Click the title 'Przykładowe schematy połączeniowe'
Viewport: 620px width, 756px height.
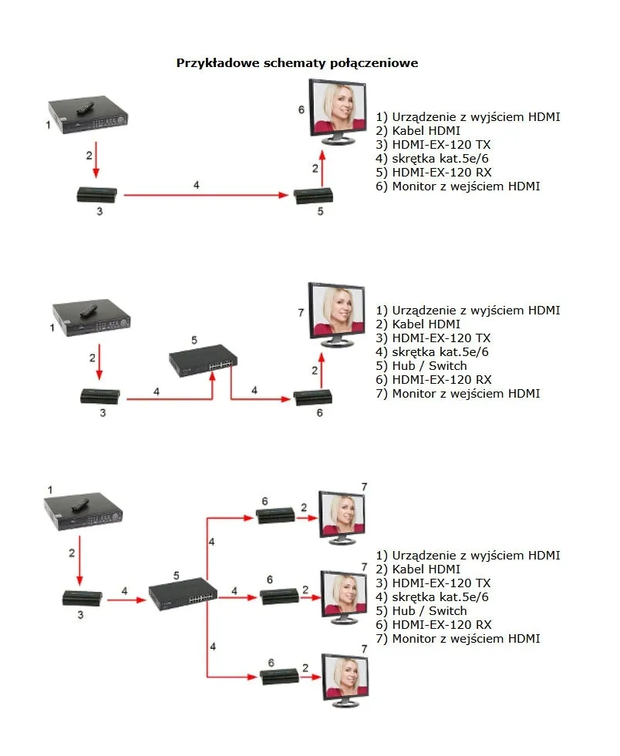pos(297,63)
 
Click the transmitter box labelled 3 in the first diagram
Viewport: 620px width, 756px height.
pos(98,194)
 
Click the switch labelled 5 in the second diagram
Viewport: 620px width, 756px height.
pos(204,358)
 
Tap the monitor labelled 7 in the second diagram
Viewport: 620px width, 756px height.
pos(337,314)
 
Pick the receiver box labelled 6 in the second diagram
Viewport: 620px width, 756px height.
pos(313,398)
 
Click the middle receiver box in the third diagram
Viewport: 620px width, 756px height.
pos(280,596)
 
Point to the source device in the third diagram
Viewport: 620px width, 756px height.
pos(83,512)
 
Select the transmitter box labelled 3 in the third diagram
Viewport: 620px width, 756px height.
pos(82,596)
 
